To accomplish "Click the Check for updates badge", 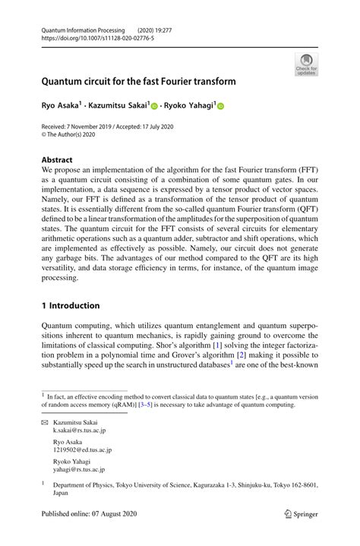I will click(306, 65).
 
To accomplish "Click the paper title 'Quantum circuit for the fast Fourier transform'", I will click(138, 81).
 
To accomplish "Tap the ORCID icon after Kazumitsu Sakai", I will click(153, 108).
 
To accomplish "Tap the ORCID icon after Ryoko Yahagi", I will click(222, 108).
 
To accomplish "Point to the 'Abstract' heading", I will click(57, 160).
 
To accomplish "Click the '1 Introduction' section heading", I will click(71, 306).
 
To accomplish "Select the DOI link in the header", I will click(98, 37).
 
